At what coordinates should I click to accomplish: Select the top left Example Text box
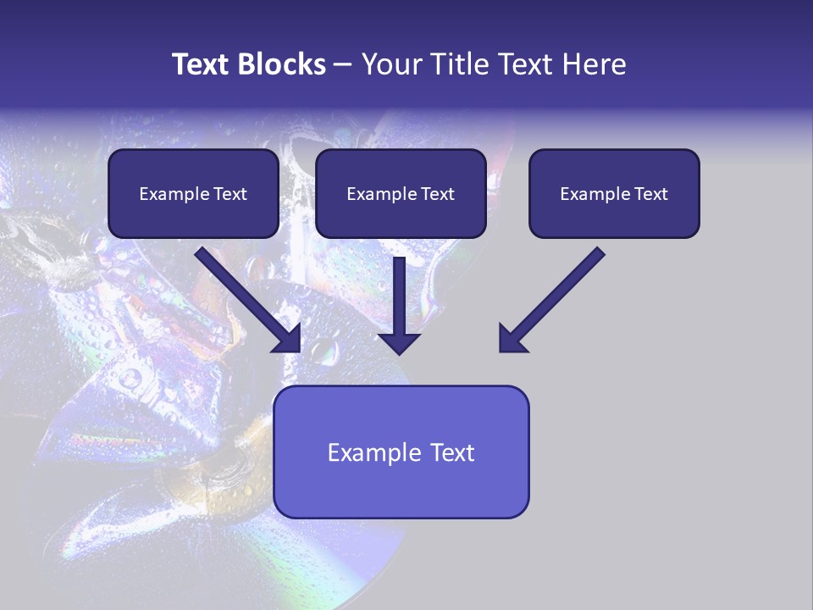(x=193, y=193)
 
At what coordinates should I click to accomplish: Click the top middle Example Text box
(x=401, y=193)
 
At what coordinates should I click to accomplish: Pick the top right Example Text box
(x=614, y=193)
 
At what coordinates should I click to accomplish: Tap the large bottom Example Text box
(x=401, y=452)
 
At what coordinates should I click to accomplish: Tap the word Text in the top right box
(x=650, y=194)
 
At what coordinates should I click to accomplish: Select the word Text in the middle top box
(x=437, y=194)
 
